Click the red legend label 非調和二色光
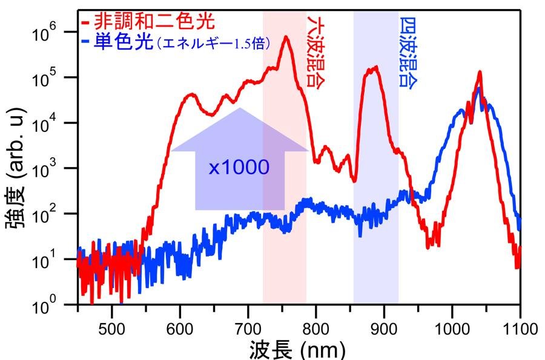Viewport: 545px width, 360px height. pos(153,24)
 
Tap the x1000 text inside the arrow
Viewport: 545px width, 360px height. pos(239,167)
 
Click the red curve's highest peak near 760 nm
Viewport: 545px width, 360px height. pos(285,37)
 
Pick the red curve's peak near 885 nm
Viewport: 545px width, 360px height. pos(375,67)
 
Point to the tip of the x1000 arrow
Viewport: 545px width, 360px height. pos(240,108)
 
